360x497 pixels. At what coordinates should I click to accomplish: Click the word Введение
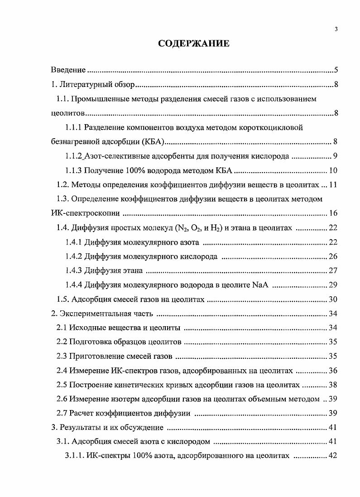[68, 70]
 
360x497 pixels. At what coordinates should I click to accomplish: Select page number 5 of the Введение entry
[336, 70]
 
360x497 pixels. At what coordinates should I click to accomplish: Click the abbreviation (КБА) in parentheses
[154, 142]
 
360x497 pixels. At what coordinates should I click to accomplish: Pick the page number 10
[333, 171]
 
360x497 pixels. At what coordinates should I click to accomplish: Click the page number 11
[333, 185]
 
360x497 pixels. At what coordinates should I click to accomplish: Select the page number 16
[333, 213]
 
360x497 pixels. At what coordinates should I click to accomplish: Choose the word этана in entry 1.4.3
[133, 271]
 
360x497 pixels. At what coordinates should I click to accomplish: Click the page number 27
[333, 271]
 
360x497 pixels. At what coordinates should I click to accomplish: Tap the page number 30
[333, 299]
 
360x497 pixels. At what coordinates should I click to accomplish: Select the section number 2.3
[62, 357]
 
